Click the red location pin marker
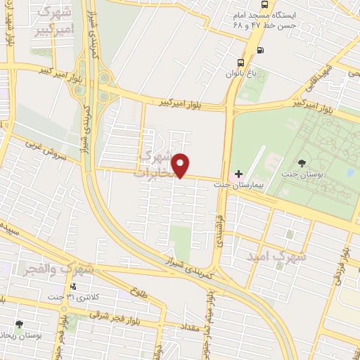pos(181,165)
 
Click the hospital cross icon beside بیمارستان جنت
pos(238,174)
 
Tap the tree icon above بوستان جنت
pos(302,163)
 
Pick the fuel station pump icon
pos(262,50)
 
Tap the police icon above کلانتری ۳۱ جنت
pos(74,286)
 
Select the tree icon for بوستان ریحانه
pos(19,326)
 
